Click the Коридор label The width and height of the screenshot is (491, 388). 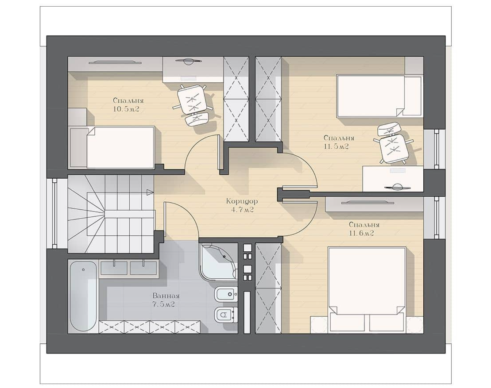coord(242,201)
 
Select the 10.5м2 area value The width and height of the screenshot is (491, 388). coord(126,109)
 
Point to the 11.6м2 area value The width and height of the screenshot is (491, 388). coord(361,234)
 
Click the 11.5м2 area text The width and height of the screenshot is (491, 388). coord(336,146)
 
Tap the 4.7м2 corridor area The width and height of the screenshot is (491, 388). coord(242,210)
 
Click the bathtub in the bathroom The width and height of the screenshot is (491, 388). coord(83,296)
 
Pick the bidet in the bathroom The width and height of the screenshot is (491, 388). coord(226,294)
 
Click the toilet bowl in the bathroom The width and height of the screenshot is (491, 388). coord(225,314)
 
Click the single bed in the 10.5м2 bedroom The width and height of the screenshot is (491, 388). coord(113,147)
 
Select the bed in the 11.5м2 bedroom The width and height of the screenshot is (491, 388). coord(379,96)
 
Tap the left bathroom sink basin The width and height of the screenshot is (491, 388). coord(114,268)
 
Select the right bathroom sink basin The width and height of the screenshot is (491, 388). coord(143,268)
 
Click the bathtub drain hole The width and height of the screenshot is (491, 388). coord(83,269)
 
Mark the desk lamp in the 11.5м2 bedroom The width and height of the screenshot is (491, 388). coord(398,187)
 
